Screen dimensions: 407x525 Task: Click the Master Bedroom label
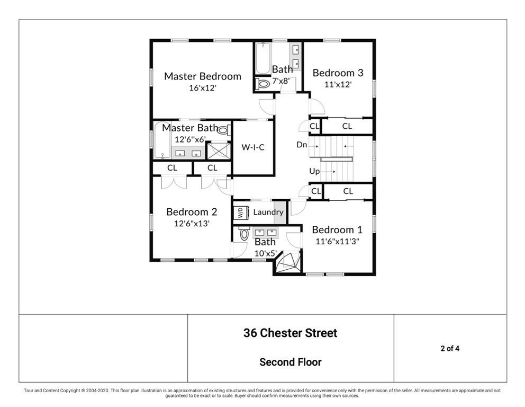pos(202,76)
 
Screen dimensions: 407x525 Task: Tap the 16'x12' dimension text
pos(202,88)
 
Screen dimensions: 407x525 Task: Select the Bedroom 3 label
pos(338,73)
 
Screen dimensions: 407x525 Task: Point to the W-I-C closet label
pos(253,147)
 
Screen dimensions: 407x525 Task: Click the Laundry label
pos(268,212)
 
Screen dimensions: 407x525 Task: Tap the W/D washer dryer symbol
pos(240,213)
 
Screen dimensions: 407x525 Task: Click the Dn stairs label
pos(302,145)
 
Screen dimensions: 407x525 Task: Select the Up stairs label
pos(315,171)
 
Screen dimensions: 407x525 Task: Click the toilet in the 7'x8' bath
pos(262,84)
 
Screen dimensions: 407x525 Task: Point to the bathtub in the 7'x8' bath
pos(262,58)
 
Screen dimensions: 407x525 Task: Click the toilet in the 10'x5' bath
pos(244,234)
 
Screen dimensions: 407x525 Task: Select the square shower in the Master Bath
pos(215,151)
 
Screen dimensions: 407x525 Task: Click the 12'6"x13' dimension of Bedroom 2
pos(192,224)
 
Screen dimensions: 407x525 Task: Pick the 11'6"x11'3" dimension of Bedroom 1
pos(337,241)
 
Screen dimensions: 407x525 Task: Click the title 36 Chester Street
pos(290,333)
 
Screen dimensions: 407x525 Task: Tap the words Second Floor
pos(290,362)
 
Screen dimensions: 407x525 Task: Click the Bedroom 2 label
pos(192,212)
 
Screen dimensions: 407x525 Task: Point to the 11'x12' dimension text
pos(338,84)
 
